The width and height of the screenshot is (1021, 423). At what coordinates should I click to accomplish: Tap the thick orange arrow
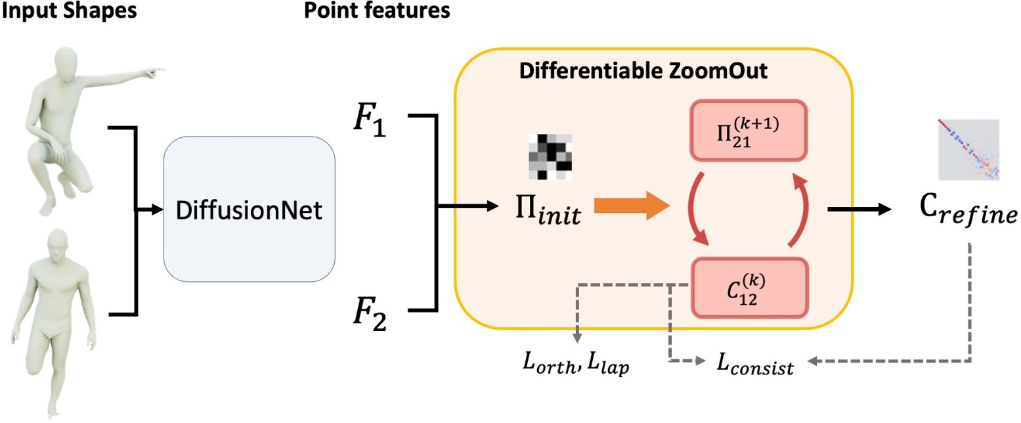click(x=631, y=208)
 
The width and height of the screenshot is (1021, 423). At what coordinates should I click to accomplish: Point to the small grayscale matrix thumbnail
click(x=550, y=156)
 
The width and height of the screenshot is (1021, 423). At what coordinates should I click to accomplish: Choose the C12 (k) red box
click(x=748, y=289)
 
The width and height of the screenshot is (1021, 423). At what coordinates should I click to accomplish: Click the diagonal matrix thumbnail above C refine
click(x=968, y=150)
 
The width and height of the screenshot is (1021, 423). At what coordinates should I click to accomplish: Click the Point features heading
click(x=377, y=11)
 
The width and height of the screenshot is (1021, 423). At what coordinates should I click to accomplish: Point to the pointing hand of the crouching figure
click(x=155, y=68)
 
